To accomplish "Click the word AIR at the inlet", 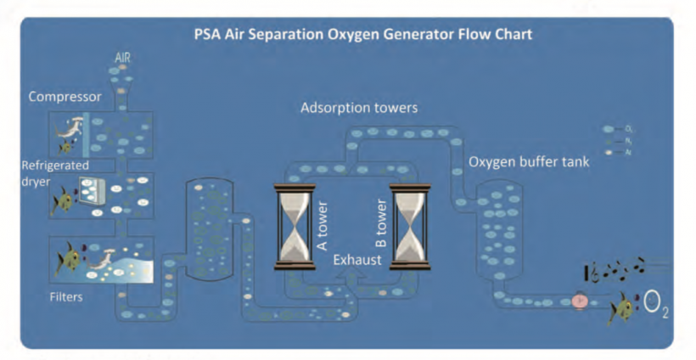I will (x=123, y=59).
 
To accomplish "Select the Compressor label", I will (x=65, y=97).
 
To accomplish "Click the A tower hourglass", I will (x=295, y=227).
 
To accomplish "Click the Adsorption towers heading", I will (x=358, y=109).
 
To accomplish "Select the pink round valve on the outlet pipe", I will (x=581, y=300).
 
